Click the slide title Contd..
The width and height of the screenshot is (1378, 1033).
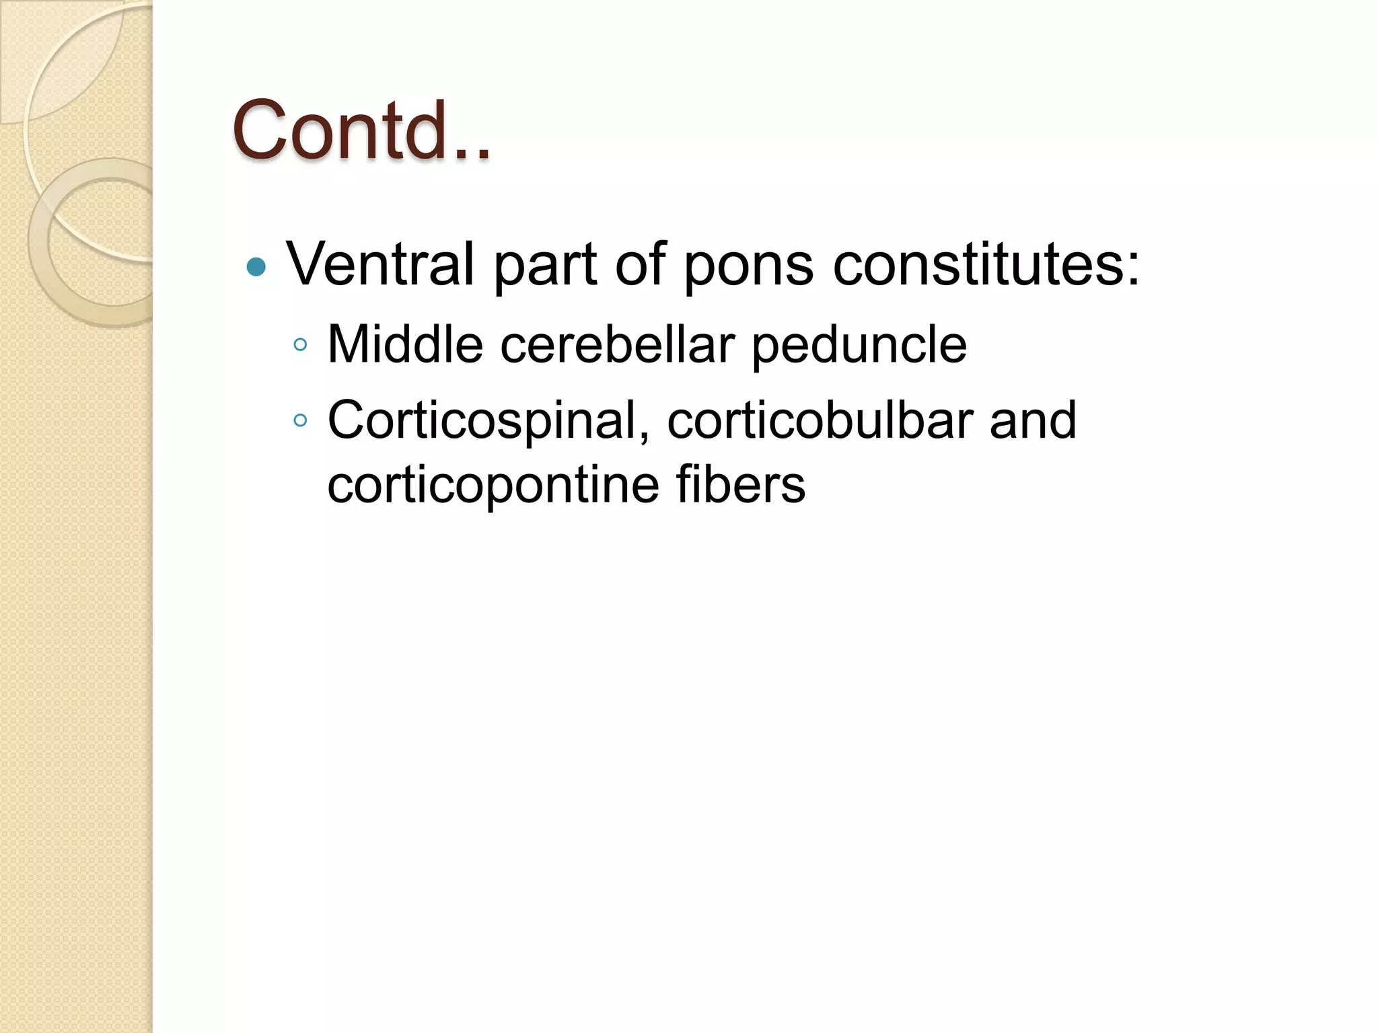pos(361,130)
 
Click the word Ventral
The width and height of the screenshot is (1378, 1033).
pos(381,264)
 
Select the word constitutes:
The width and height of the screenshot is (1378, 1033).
pos(986,264)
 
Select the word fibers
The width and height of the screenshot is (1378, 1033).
pos(740,484)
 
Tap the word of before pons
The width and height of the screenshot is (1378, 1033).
pos(639,264)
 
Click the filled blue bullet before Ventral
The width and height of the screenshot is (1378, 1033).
pos(256,268)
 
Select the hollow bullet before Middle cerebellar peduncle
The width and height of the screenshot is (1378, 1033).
pos(301,346)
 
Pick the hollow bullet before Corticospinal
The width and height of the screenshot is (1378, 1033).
pos(301,421)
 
